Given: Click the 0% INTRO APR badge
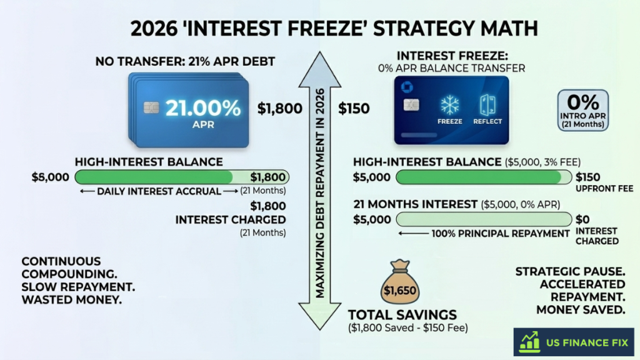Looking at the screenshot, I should tap(583, 109).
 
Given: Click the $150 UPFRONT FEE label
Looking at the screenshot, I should tap(593, 182).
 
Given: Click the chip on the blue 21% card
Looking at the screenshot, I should tap(151, 107).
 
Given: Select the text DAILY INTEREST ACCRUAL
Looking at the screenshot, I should tap(159, 191).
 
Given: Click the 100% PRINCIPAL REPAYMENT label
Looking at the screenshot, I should tap(494, 233).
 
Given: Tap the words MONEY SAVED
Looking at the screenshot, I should tap(581, 309).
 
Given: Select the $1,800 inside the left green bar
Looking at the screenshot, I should tap(268, 177).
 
